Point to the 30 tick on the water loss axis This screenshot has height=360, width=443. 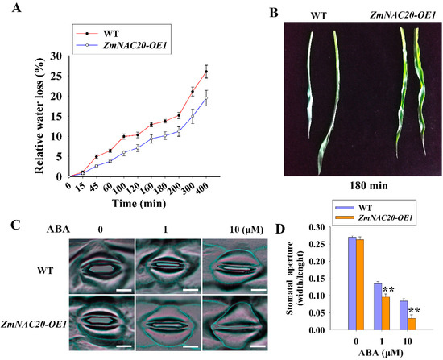coord(56,56)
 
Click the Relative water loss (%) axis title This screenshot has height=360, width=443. coord(39,115)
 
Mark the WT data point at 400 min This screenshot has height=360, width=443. coord(206,72)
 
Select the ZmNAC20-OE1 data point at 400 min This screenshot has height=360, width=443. coord(206,99)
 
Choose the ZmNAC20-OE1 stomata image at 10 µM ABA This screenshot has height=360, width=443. coord(234,322)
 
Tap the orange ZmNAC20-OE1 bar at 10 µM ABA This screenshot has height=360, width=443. coord(412,324)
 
